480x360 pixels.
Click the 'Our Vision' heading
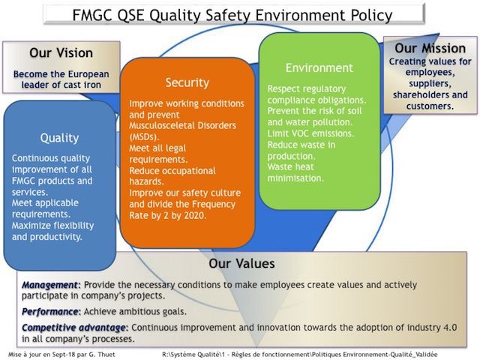point(61,53)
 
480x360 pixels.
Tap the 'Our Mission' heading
point(430,48)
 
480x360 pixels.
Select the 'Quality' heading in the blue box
point(59,138)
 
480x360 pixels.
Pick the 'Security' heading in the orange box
point(187,82)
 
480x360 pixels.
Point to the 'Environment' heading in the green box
point(319,67)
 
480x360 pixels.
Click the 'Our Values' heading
point(241,263)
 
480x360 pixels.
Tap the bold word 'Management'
point(49,285)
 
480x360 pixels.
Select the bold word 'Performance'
point(50,312)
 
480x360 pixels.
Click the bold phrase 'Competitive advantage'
point(73,328)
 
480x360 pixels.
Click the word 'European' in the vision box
point(88,74)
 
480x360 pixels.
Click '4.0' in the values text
point(450,328)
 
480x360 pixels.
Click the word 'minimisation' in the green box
point(295,178)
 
